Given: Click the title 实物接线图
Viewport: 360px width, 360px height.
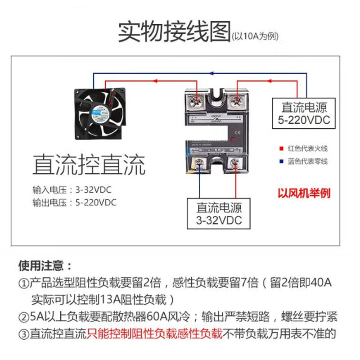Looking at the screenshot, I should click(174, 32).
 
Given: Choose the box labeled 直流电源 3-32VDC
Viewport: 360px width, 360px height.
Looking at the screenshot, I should click(219, 214).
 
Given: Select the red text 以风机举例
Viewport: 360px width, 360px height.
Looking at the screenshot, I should click(304, 193).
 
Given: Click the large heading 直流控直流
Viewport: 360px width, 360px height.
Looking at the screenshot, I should click(89, 165).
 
